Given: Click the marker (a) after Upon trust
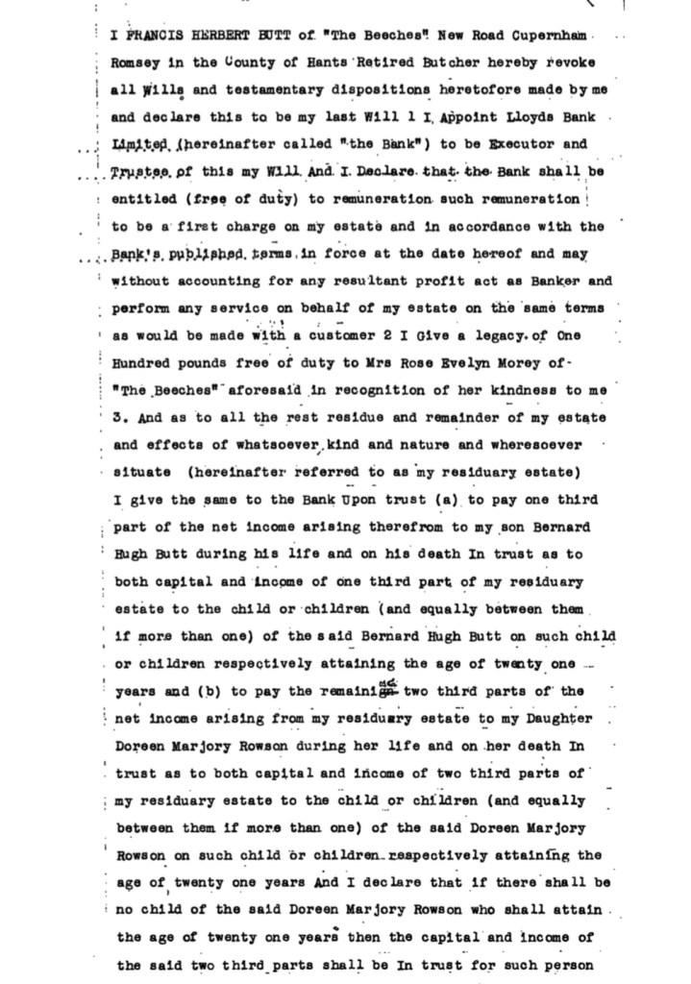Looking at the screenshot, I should pyautogui.click(x=446, y=501).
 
